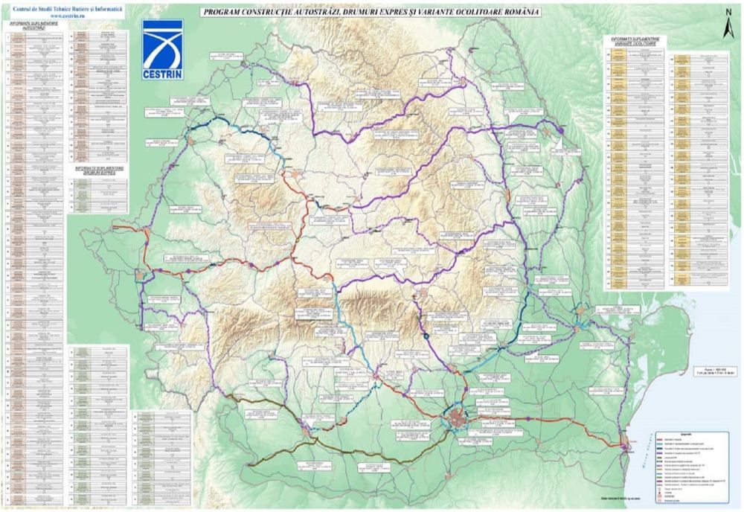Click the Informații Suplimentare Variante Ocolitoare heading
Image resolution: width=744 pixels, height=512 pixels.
[x=636, y=39]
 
